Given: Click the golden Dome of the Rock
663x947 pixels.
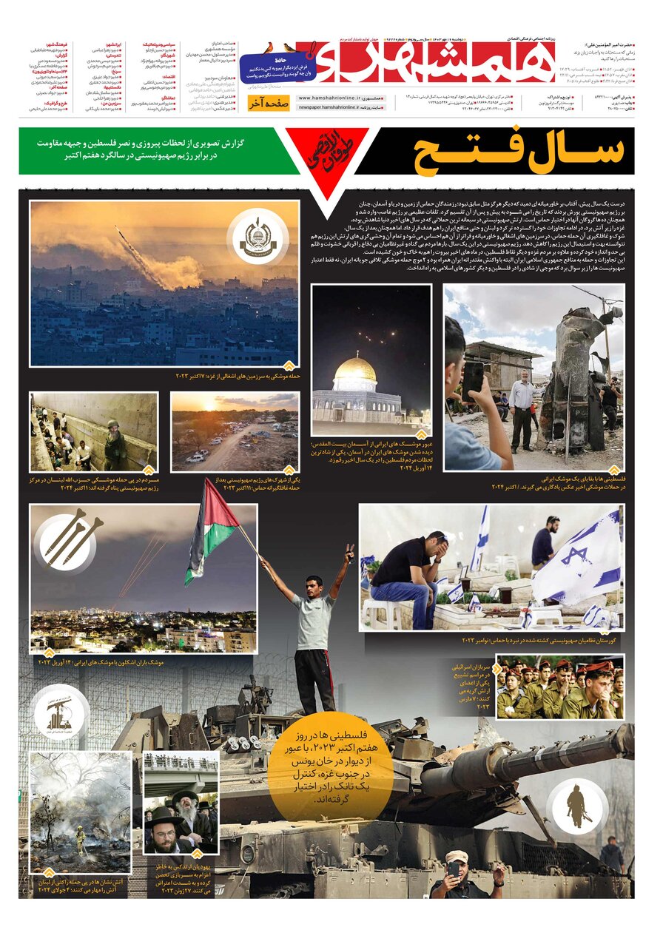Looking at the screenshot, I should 355,370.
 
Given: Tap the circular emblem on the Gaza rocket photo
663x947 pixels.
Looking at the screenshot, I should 263,238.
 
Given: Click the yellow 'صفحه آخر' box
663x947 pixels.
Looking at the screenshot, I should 268,104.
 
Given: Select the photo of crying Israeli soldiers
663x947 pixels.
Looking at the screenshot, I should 559,687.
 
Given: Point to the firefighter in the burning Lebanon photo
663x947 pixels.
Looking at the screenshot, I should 80,839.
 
